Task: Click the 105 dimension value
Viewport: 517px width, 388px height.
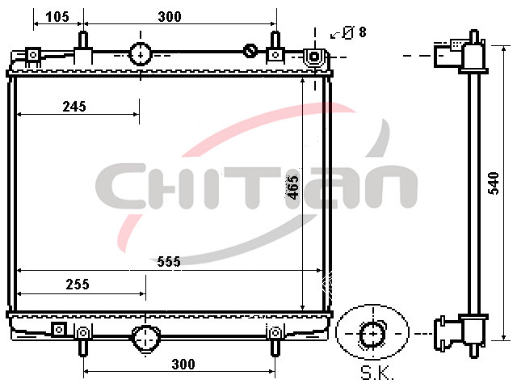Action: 57,16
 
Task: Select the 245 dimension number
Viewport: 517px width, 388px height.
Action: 74,107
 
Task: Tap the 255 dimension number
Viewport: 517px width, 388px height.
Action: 78,284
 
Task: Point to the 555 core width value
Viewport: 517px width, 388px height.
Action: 169,262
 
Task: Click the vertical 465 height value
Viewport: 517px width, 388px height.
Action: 292,188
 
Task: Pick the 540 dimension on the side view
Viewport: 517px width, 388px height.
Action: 494,183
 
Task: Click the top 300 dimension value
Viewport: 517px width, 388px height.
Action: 170,16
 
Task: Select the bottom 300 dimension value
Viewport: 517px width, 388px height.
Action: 183,365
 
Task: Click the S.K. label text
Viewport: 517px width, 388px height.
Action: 377,373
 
